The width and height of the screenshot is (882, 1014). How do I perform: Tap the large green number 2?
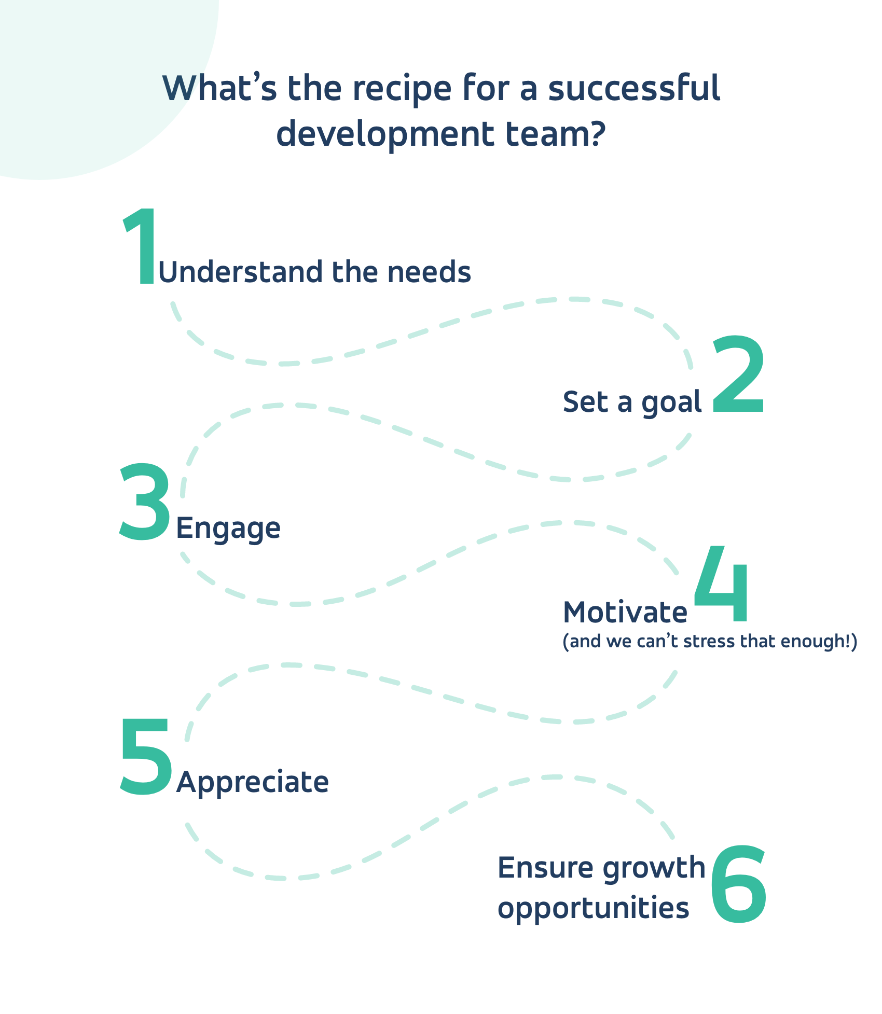737,376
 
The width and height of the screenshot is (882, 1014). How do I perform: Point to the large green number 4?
721,585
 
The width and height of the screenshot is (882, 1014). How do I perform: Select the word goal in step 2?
671,402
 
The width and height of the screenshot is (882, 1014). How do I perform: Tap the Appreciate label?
252,782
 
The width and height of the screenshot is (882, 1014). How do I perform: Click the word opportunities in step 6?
593,909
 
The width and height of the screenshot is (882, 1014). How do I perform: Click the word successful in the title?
633,88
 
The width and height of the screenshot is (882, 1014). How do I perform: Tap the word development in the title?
384,134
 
